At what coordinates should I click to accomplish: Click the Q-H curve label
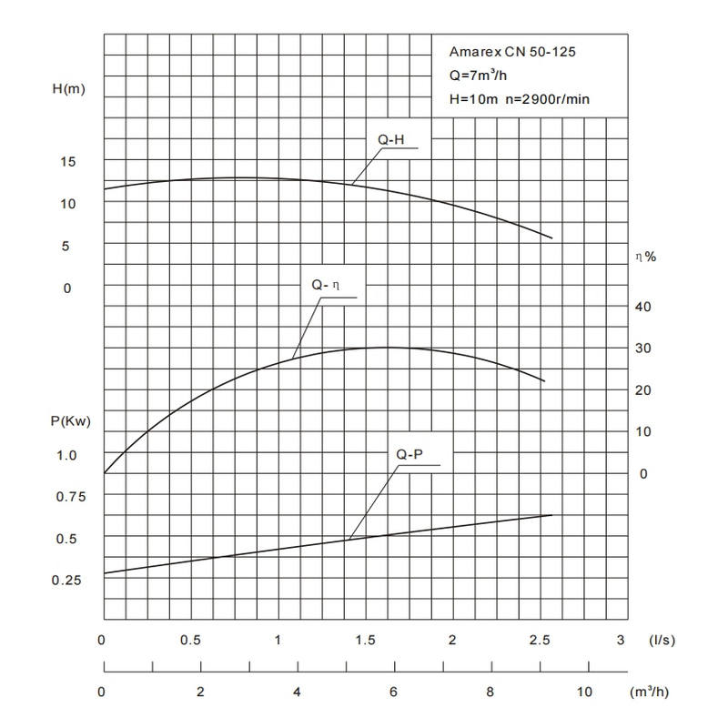390,139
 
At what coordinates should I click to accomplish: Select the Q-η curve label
325,285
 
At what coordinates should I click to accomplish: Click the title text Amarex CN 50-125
513,52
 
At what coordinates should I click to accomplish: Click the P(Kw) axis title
70,421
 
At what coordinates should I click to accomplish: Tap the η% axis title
645,258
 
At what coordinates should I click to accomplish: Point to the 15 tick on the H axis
68,161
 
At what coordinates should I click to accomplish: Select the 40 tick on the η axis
642,306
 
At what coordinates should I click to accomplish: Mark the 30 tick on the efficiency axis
642,349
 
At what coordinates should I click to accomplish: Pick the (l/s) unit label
661,640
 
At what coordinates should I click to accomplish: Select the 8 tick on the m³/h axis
491,692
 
